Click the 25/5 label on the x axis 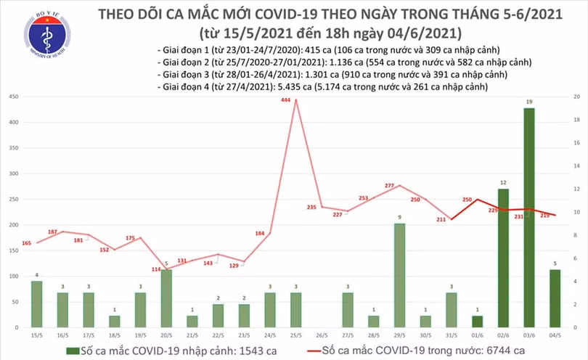pyautogui.click(x=295, y=336)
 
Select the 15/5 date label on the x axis pyautogui.click(x=36, y=336)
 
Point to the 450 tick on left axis pyautogui.click(x=14, y=97)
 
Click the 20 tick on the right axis pyautogui.click(x=575, y=97)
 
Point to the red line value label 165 pyautogui.click(x=26, y=242)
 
